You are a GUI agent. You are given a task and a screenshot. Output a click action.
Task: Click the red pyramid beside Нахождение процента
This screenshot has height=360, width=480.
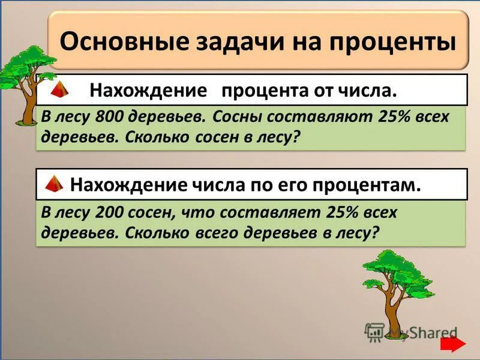pyautogui.click(x=59, y=91)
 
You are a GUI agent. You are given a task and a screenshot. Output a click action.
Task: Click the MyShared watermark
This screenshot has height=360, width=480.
pyautogui.click(x=412, y=332)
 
